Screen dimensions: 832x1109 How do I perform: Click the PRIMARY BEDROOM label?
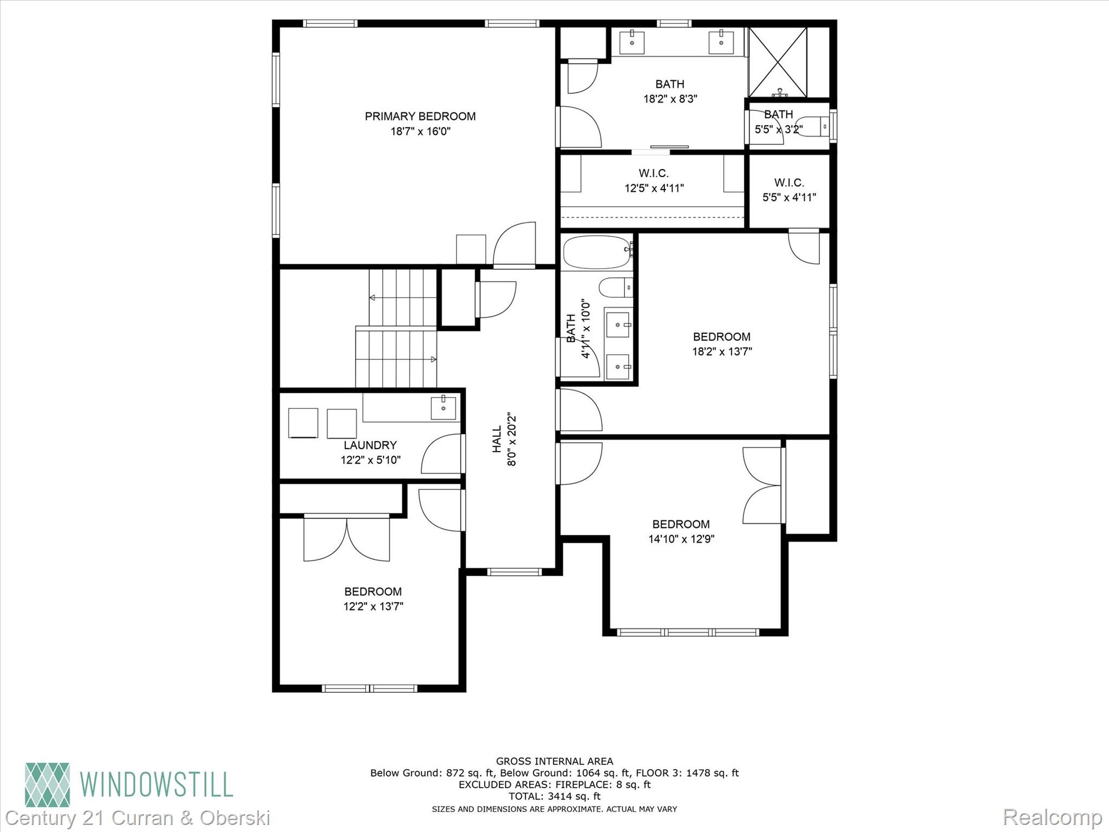420,116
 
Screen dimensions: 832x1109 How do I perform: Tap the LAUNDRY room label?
370,445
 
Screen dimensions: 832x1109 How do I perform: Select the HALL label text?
497,439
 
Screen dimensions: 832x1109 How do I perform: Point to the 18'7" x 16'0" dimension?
420,131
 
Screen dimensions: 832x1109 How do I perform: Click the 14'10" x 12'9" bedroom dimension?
681,539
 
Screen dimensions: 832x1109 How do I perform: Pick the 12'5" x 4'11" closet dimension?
654,188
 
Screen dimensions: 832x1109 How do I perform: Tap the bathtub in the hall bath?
596,252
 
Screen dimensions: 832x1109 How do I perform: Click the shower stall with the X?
778,62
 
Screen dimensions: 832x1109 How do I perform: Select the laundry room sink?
443,408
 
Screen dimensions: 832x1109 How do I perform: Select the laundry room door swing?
442,454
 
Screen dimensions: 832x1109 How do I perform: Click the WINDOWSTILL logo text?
156,784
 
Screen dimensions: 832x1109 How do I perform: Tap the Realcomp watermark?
1052,817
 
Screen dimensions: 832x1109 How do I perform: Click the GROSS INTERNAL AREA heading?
554,761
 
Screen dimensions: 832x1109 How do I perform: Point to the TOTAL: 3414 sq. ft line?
554,796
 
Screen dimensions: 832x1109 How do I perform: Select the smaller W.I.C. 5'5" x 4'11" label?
789,190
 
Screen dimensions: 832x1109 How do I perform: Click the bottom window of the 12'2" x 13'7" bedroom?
369,688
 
